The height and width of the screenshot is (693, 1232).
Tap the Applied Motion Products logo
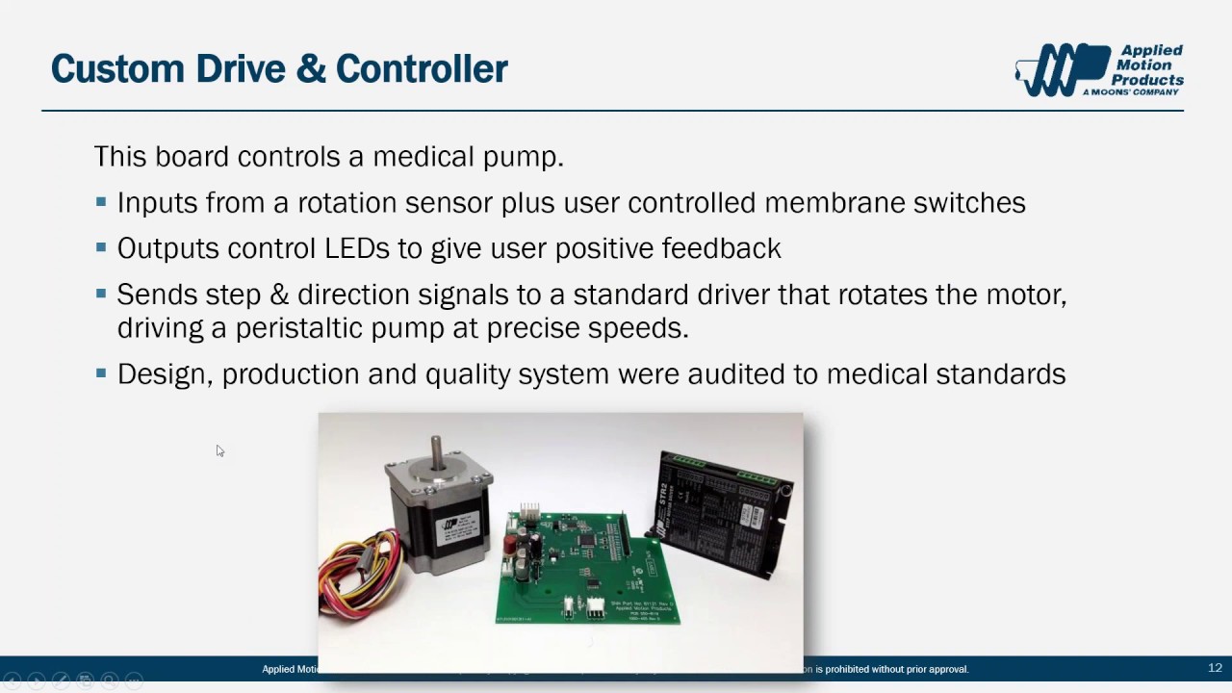tap(1099, 69)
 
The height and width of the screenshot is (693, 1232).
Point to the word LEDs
tap(357, 248)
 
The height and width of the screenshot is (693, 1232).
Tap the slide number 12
tap(1215, 668)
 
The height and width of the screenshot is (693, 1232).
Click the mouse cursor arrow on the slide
tap(219, 450)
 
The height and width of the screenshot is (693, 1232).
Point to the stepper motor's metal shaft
tap(437, 451)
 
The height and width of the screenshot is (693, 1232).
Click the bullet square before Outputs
tap(102, 248)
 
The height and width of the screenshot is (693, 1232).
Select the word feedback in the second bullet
tap(721, 248)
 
